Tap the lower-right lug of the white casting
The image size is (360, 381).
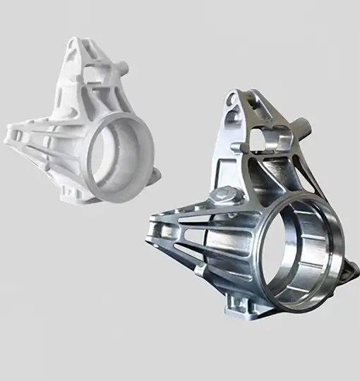coord(155,174)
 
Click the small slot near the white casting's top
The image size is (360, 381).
coord(85,56)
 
